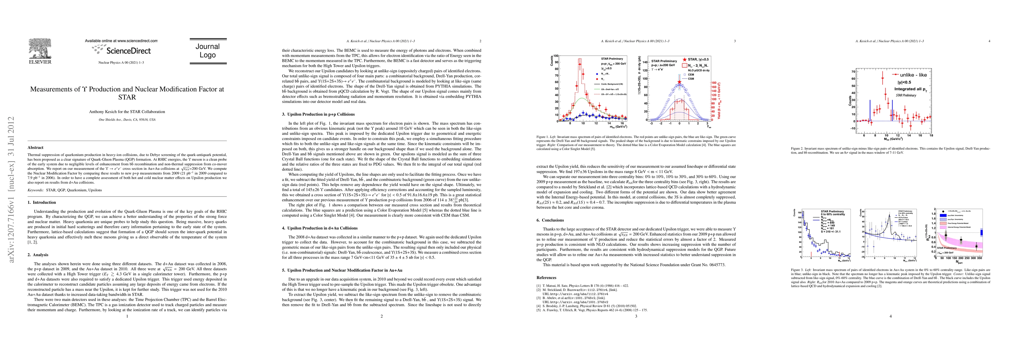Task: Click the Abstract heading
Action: point(36,147)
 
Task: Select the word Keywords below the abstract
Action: point(36,190)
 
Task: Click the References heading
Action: point(547,277)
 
